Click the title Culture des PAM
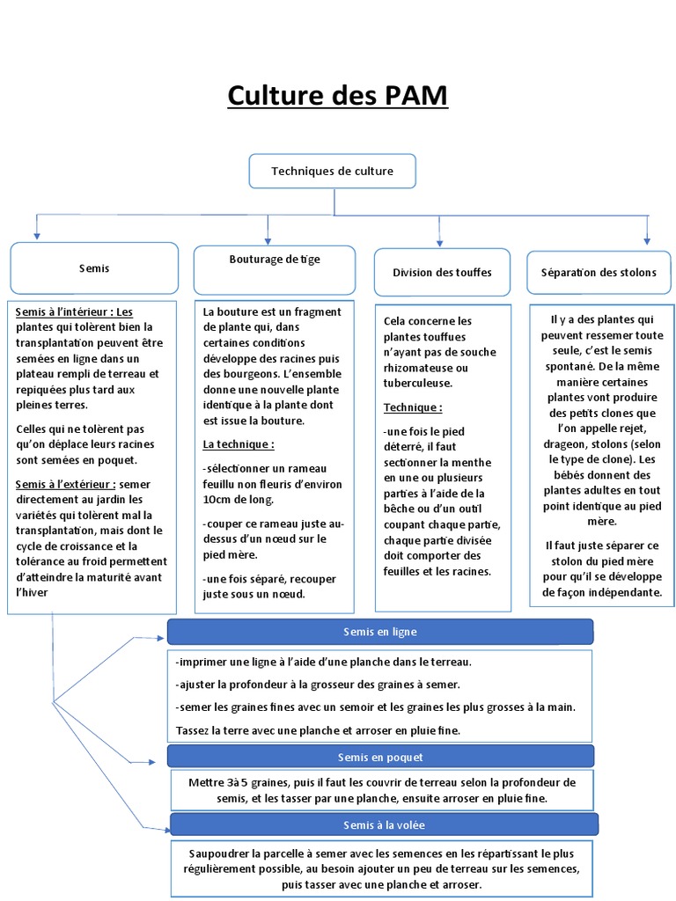click(x=337, y=95)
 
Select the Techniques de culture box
click(x=332, y=172)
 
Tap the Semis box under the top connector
click(x=94, y=268)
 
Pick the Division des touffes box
click(x=442, y=272)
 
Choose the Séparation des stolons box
click(x=598, y=272)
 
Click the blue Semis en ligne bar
click(x=380, y=632)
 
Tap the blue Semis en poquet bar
click(x=380, y=757)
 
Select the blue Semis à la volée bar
click(x=384, y=824)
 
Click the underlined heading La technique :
click(x=238, y=444)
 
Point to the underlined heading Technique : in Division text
click(x=413, y=408)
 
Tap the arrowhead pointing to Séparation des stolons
click(x=647, y=239)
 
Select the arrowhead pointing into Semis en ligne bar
click(x=162, y=636)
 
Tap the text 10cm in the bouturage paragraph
click(x=217, y=500)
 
